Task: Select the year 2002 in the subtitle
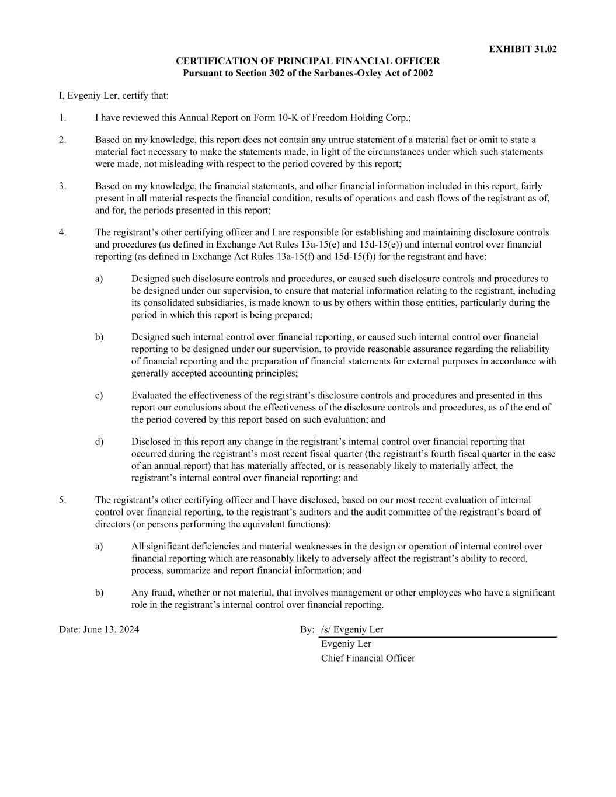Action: [422, 74]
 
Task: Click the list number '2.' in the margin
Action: [62, 140]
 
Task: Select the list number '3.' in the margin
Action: [62, 187]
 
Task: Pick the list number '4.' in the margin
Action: [62, 233]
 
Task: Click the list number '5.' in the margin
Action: [62, 500]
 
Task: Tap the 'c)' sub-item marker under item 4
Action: [99, 396]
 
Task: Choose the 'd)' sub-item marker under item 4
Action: [99, 442]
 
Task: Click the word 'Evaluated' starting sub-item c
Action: [151, 396]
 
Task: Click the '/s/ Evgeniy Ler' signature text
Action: [352, 630]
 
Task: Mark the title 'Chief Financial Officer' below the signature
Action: [368, 659]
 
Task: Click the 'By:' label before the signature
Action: [307, 630]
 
